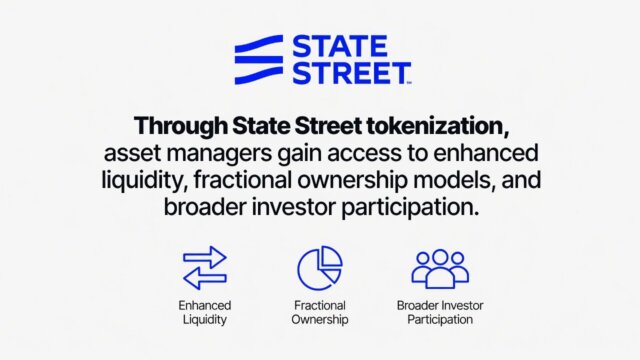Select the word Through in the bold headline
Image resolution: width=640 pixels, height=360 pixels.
click(174, 129)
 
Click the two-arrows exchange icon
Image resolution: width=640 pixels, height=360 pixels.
click(204, 268)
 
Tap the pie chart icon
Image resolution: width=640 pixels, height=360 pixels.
click(320, 268)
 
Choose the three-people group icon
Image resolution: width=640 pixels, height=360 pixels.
click(439, 268)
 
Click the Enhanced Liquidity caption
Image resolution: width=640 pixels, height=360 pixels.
click(204, 311)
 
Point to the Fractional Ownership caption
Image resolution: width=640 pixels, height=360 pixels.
click(320, 311)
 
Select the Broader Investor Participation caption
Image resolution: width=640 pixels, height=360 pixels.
click(439, 311)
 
